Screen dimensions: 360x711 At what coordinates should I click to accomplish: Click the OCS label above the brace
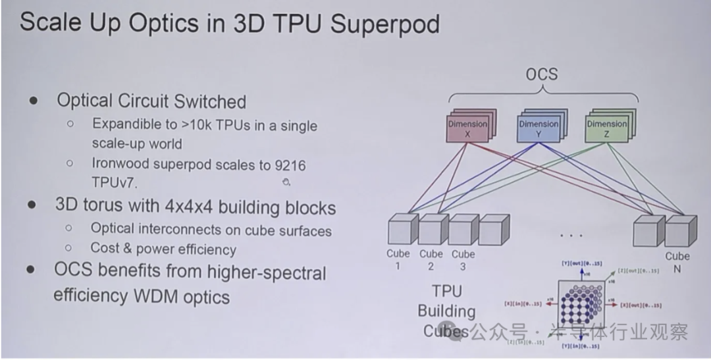pos(541,74)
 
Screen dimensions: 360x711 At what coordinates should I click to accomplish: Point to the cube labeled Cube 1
pos(401,230)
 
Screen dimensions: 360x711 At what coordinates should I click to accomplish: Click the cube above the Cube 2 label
pos(433,230)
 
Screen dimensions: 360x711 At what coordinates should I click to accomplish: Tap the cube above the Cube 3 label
pos(463,230)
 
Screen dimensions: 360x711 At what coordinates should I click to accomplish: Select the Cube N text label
pos(677,262)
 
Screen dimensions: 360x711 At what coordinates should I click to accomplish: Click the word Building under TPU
pos(446,311)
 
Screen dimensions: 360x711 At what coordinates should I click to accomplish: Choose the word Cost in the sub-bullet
pos(105,249)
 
